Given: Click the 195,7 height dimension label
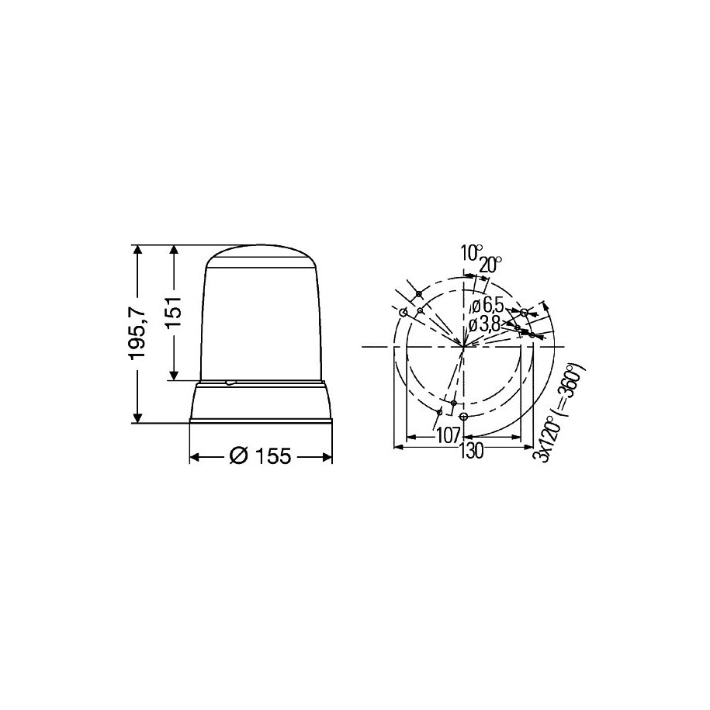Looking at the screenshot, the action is [x=137, y=333].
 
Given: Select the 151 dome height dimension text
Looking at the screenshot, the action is [x=173, y=312].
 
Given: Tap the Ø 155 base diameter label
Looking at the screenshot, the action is [x=260, y=456].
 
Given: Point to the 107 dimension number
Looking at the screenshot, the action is [x=448, y=436].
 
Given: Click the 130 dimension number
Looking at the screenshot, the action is [x=471, y=451].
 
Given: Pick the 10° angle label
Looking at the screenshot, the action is [x=471, y=252].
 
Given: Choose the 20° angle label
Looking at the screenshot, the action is [x=490, y=265].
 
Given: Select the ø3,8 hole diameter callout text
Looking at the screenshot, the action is [x=484, y=324].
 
